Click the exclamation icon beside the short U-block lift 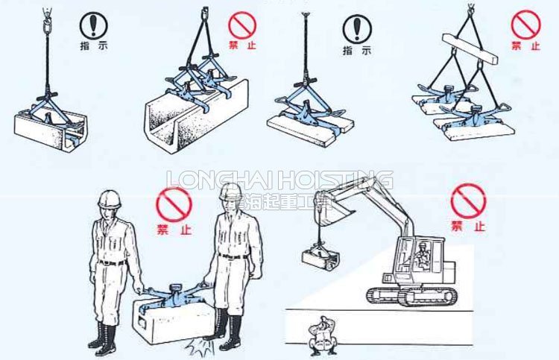[x=93, y=27]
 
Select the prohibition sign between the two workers [x=174, y=203]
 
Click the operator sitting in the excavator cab [x=423, y=253]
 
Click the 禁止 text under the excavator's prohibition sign [x=466, y=225]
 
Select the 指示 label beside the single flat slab [x=356, y=52]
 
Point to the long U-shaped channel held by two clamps [x=195, y=112]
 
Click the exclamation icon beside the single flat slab [x=356, y=28]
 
